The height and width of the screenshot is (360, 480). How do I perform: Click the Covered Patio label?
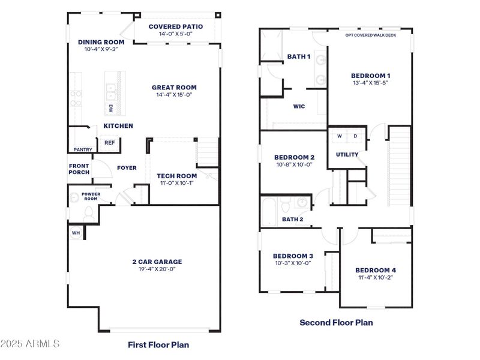coord(175,26)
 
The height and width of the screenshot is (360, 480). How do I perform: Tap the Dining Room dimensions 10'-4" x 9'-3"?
coord(101,49)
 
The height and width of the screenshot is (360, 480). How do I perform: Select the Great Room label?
coord(174,87)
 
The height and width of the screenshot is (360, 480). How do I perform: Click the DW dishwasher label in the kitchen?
coord(111,109)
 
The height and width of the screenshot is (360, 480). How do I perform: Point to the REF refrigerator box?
coord(109,143)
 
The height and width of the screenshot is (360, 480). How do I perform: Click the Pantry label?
coord(82,149)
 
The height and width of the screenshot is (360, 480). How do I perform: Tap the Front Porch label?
coord(79,169)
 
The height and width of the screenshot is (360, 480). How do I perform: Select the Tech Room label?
coord(176,176)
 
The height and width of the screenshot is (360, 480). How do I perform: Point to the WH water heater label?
coord(76,232)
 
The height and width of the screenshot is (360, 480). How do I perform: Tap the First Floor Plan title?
coord(158,344)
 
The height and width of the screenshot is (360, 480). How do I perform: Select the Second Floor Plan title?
coord(336,322)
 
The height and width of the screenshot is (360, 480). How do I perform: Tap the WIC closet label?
coord(299,106)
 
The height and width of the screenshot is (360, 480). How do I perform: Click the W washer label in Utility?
coord(339,136)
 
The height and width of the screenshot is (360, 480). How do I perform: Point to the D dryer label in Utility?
coord(355,136)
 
